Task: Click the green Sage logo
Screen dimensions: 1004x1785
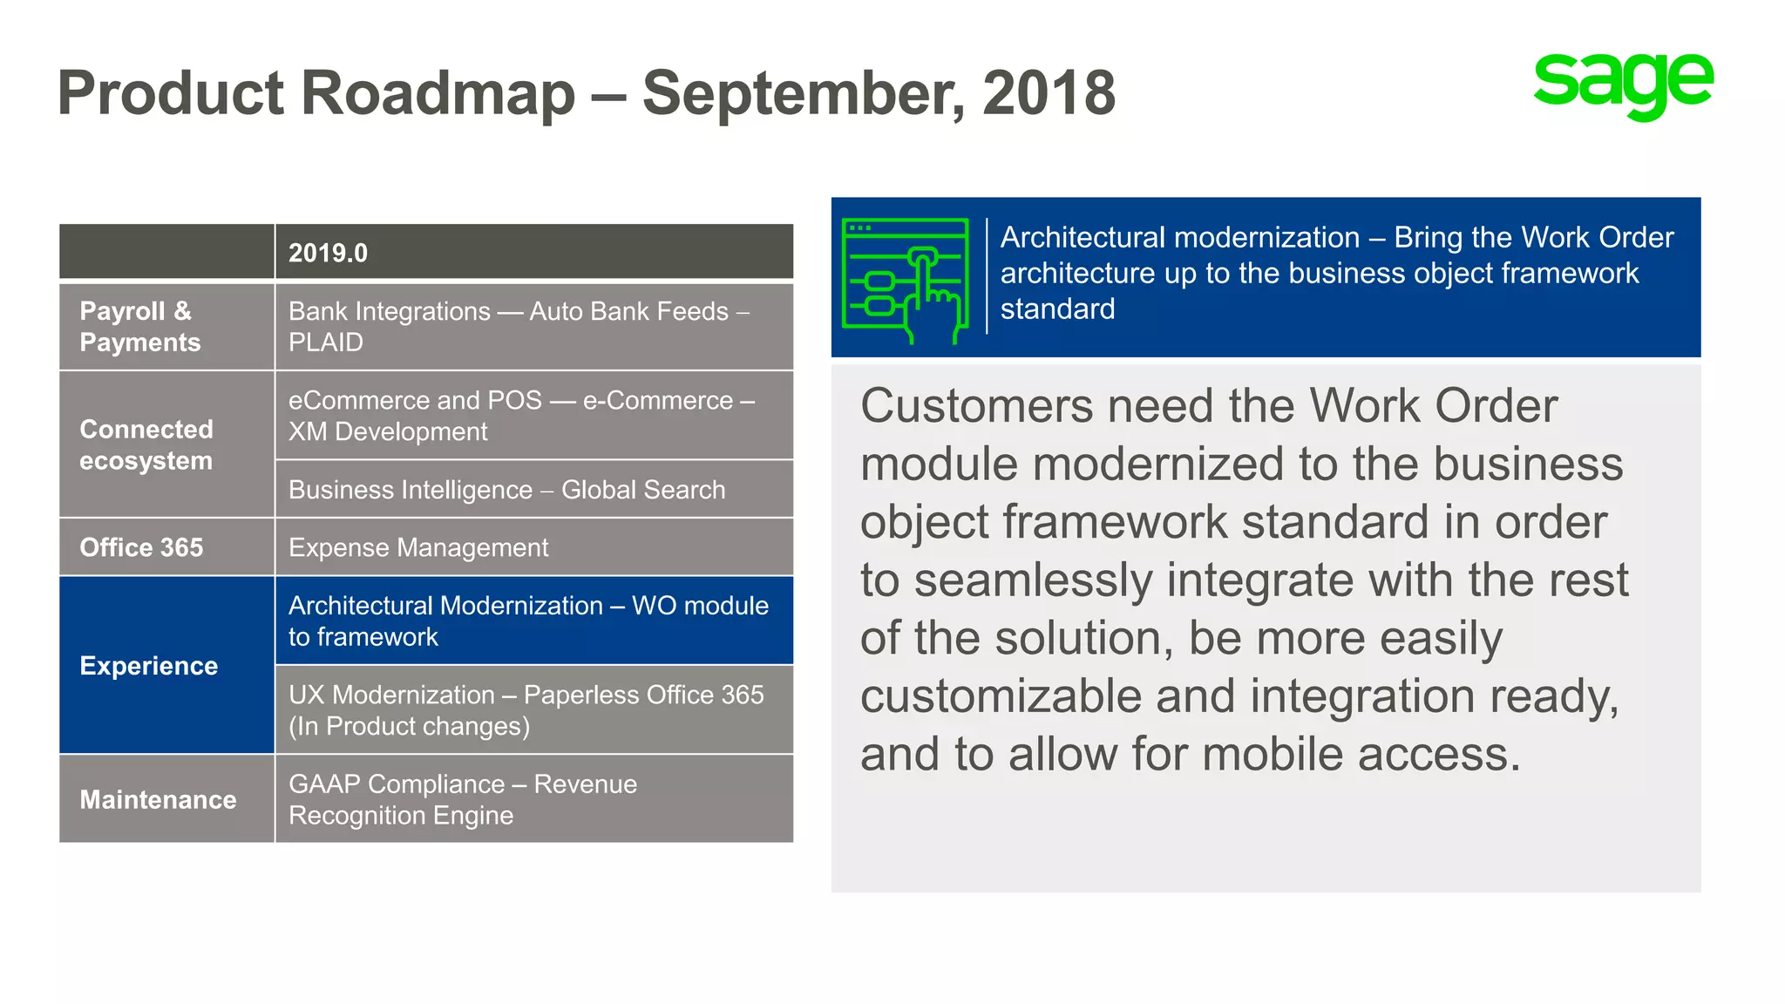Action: coord(1623,85)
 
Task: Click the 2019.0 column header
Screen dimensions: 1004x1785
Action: coord(328,253)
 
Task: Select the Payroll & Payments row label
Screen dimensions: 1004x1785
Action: coord(139,327)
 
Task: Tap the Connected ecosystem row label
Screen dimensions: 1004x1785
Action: coord(146,444)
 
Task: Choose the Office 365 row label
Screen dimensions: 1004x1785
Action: coord(141,547)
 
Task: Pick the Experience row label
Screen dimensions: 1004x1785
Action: coord(149,666)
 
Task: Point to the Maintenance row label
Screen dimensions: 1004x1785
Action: coord(158,799)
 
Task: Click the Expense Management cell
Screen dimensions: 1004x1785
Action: coord(418,547)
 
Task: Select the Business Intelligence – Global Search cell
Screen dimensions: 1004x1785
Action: coord(506,490)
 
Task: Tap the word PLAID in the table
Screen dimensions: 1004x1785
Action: coord(326,343)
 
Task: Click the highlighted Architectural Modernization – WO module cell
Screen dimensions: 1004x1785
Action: coord(528,621)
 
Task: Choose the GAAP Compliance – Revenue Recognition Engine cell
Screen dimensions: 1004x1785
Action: coord(463,799)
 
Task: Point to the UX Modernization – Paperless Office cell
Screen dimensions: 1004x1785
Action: coord(526,710)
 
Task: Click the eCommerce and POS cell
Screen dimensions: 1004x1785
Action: coord(521,416)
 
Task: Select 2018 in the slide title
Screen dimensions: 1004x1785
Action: coord(1049,93)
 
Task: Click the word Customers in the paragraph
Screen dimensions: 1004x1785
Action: coord(975,406)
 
